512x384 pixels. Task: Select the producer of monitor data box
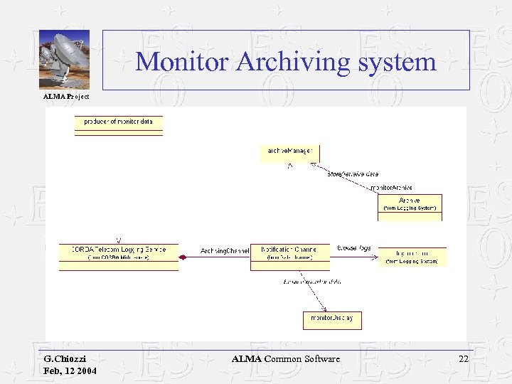click(x=118, y=122)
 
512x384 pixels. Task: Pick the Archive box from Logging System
click(x=410, y=204)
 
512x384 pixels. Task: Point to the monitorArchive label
click(x=392, y=188)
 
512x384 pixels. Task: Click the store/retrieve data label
click(x=353, y=174)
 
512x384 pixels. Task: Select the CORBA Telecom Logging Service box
click(x=119, y=253)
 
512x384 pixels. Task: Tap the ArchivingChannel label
click(x=225, y=251)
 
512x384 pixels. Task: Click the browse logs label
click(x=354, y=248)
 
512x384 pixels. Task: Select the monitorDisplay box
click(x=332, y=319)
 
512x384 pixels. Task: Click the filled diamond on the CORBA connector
click(x=183, y=257)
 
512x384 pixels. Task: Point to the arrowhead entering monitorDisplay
click(x=325, y=309)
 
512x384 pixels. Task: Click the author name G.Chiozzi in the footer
click(x=65, y=360)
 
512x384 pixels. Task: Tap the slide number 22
click(x=464, y=360)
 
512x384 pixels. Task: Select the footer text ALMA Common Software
click(x=286, y=360)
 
